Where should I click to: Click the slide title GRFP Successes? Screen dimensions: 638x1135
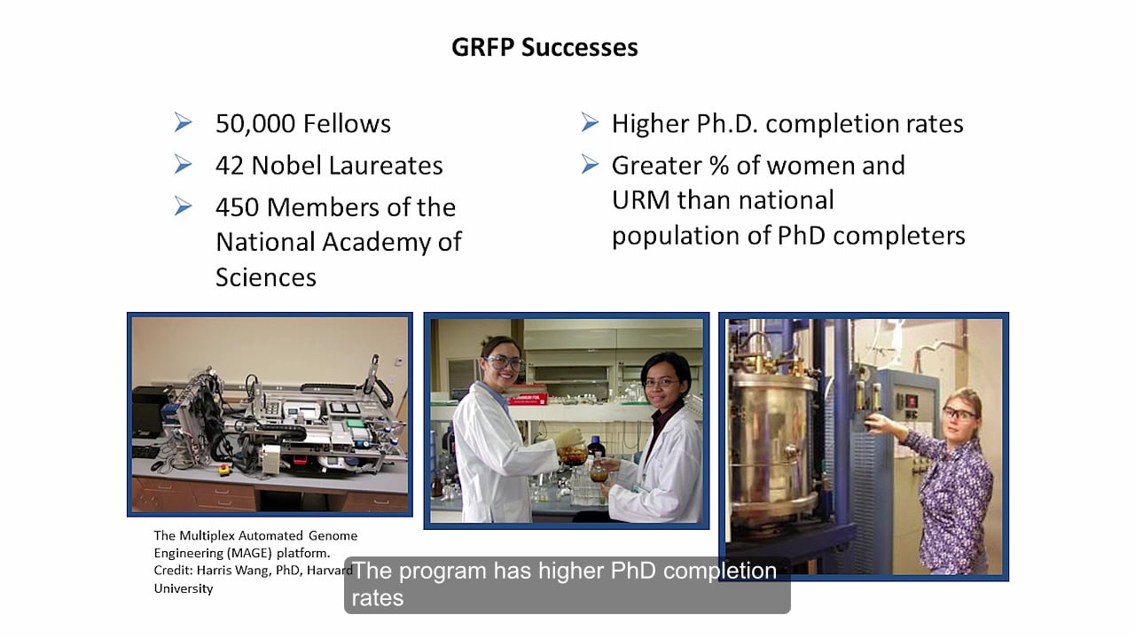(544, 47)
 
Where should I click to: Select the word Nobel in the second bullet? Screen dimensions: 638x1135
(289, 166)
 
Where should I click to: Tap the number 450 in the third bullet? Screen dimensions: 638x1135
(238, 207)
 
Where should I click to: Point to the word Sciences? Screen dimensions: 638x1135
(265, 277)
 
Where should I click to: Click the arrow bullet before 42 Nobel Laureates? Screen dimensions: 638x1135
(184, 165)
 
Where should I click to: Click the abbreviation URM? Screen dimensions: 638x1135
(641, 200)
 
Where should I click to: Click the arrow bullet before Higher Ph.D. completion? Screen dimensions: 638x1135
(590, 123)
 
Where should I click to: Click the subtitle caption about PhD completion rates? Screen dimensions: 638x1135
(566, 584)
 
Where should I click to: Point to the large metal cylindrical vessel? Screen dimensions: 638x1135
(771, 434)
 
